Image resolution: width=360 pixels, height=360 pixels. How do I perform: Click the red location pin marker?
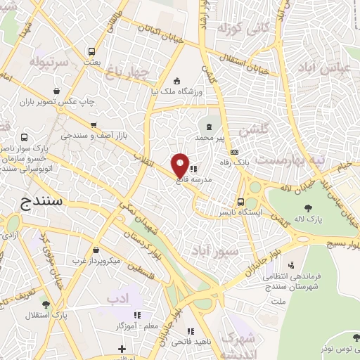pos(180,165)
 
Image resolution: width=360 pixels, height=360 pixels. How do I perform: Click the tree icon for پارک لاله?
pos(309,207)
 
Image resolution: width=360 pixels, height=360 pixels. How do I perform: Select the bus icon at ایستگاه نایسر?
pos(240,201)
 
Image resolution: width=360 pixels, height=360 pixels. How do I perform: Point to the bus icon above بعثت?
pos(91,51)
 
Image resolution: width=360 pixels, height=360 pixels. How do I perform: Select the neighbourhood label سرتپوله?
pos(50,62)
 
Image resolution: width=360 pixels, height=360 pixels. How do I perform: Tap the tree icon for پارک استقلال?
pos(46,304)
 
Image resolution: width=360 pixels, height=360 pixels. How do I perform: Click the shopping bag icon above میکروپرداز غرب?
pos(96,250)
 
